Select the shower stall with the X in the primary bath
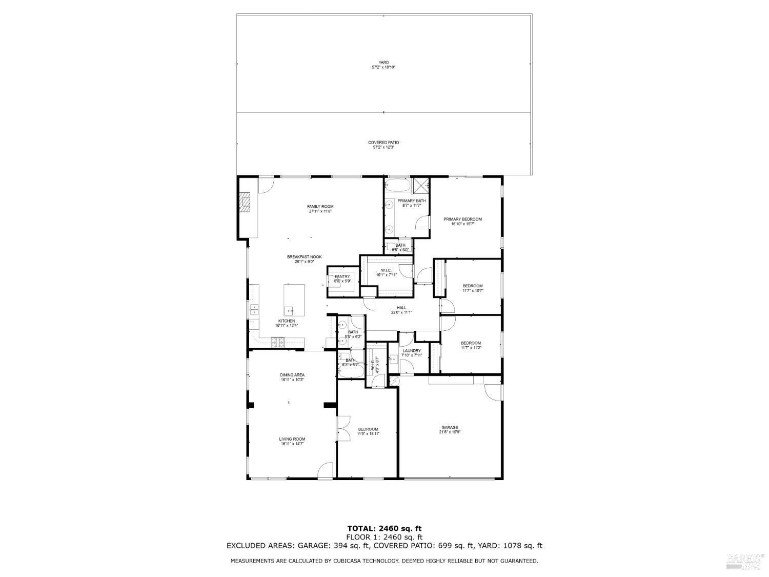coord(421,185)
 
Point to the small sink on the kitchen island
coord(289,310)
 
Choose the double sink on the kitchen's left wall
coord(254,309)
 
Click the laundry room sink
coord(393,359)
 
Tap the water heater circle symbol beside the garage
coord(394,380)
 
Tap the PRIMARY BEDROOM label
coord(462,219)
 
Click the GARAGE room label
coord(450,427)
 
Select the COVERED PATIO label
coord(383,143)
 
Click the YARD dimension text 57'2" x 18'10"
coord(383,67)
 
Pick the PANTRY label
coord(342,276)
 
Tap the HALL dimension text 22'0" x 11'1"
coord(401,312)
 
